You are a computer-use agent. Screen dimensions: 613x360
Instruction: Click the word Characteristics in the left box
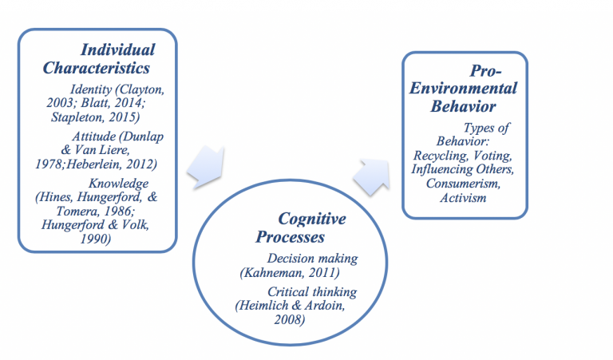96,68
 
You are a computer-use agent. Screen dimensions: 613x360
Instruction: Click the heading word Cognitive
308,218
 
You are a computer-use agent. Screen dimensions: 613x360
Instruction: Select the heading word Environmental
465,89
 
